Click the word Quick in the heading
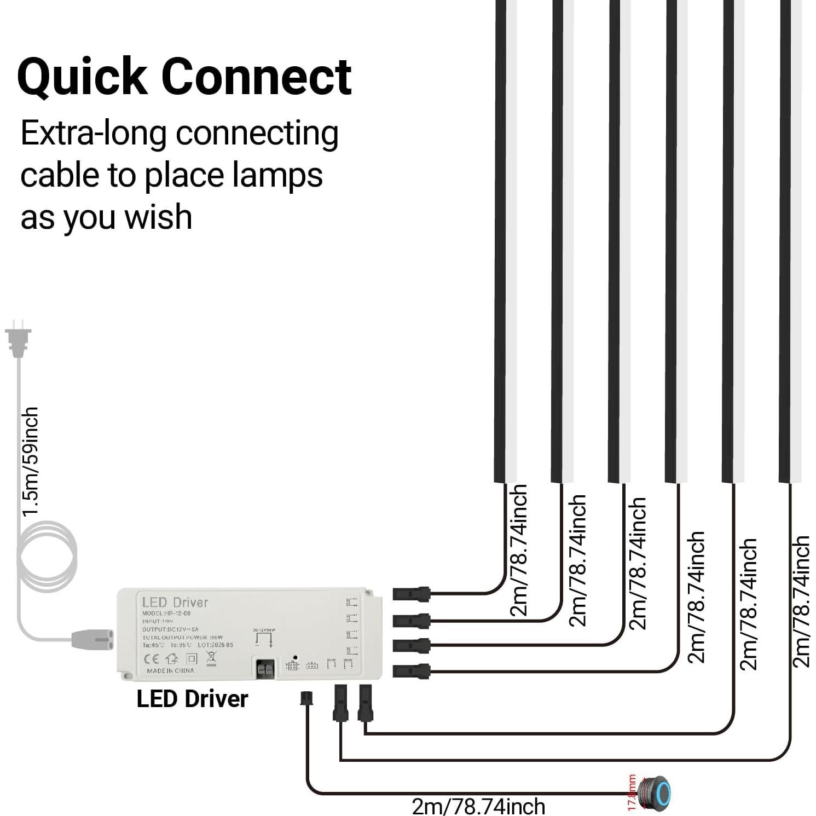pos(82,77)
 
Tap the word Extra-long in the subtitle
pos(93,134)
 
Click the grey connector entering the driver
pos(92,638)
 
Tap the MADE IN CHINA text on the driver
pos(170,670)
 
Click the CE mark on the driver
pos(151,658)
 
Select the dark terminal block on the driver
pos(267,669)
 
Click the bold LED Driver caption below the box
pos(192,699)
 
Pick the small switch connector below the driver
pos(306,698)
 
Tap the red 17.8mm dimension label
pos(632,792)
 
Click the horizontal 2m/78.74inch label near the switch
pos(478,806)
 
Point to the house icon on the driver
pos(172,658)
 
